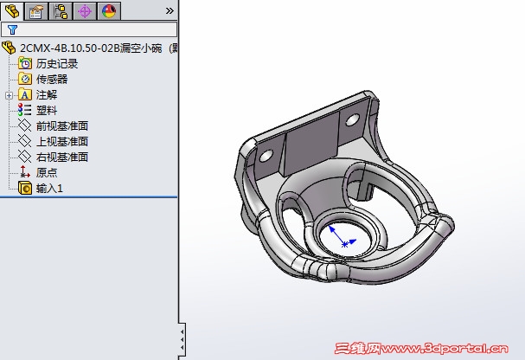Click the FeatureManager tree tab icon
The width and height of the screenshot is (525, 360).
(x=12, y=10)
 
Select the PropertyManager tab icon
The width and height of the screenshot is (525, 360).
(x=35, y=11)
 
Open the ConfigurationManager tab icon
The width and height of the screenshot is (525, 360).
(x=61, y=11)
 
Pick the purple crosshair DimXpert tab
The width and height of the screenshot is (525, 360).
(x=85, y=11)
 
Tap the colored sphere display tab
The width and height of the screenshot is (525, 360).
(x=109, y=11)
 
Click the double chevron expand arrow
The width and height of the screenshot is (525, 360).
(x=170, y=11)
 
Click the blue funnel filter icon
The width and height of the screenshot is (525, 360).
(x=12, y=29)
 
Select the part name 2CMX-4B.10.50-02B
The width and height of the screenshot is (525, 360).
(x=70, y=48)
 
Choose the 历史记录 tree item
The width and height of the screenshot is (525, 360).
(x=57, y=64)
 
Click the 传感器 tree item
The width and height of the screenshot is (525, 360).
(x=52, y=80)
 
